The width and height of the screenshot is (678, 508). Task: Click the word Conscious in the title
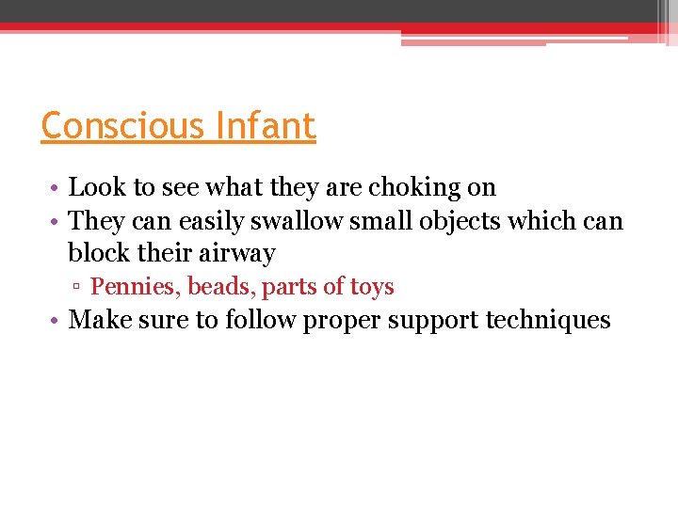121,125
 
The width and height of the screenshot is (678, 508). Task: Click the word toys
372,287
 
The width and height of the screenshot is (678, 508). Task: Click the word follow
260,320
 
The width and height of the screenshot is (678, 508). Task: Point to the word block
95,253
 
